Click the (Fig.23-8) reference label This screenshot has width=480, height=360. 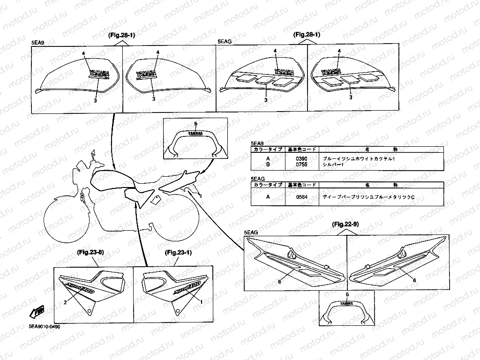tap(90, 253)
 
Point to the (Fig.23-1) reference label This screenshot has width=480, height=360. tap(179, 253)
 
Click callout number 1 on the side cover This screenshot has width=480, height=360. tap(202, 302)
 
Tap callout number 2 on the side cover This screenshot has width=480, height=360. tap(66, 302)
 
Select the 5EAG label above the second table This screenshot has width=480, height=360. tap(258, 179)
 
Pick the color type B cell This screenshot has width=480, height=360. tap(268, 165)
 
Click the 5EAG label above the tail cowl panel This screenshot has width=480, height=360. tap(251, 232)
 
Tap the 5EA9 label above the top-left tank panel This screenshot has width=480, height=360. tap(38, 42)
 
